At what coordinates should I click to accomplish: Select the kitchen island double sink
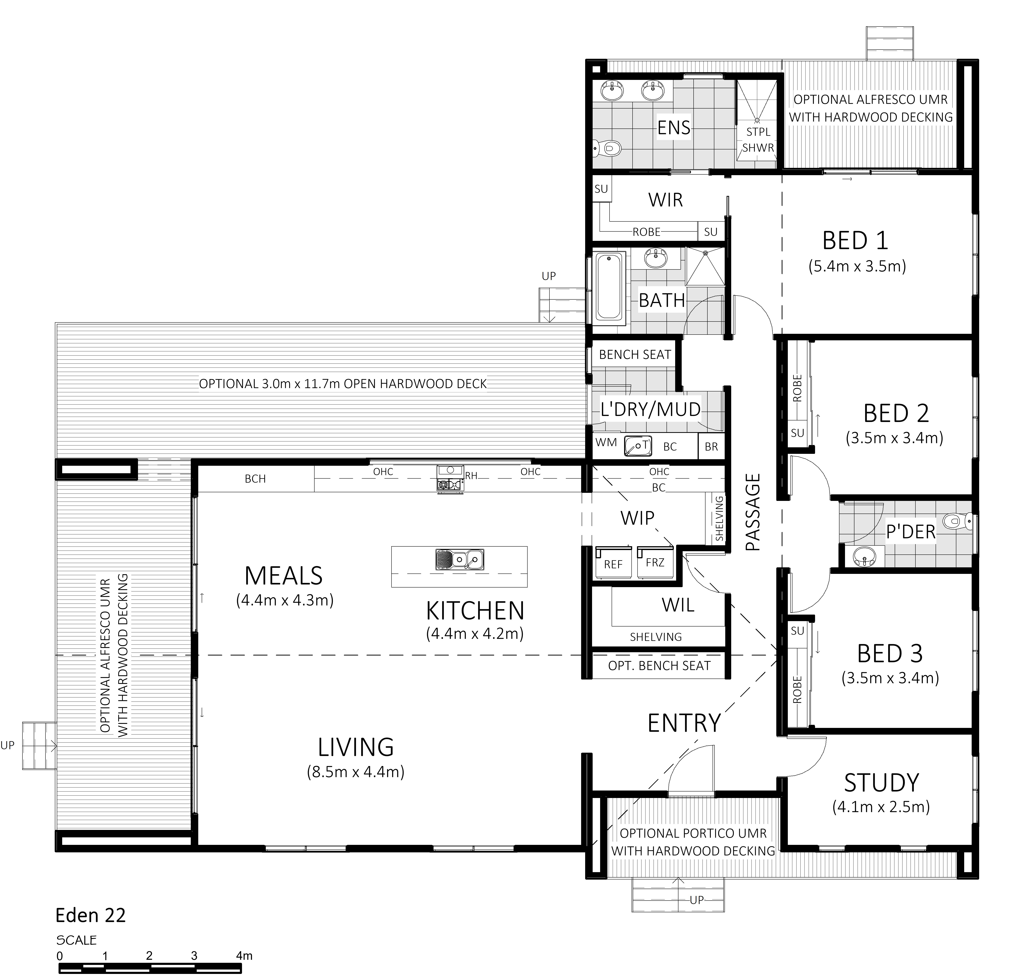point(460,559)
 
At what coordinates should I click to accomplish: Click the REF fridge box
point(613,563)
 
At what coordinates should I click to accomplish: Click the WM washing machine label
point(606,442)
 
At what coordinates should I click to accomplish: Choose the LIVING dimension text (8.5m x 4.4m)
point(356,772)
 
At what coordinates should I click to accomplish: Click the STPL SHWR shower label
point(758,140)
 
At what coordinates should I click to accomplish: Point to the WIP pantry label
point(637,518)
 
